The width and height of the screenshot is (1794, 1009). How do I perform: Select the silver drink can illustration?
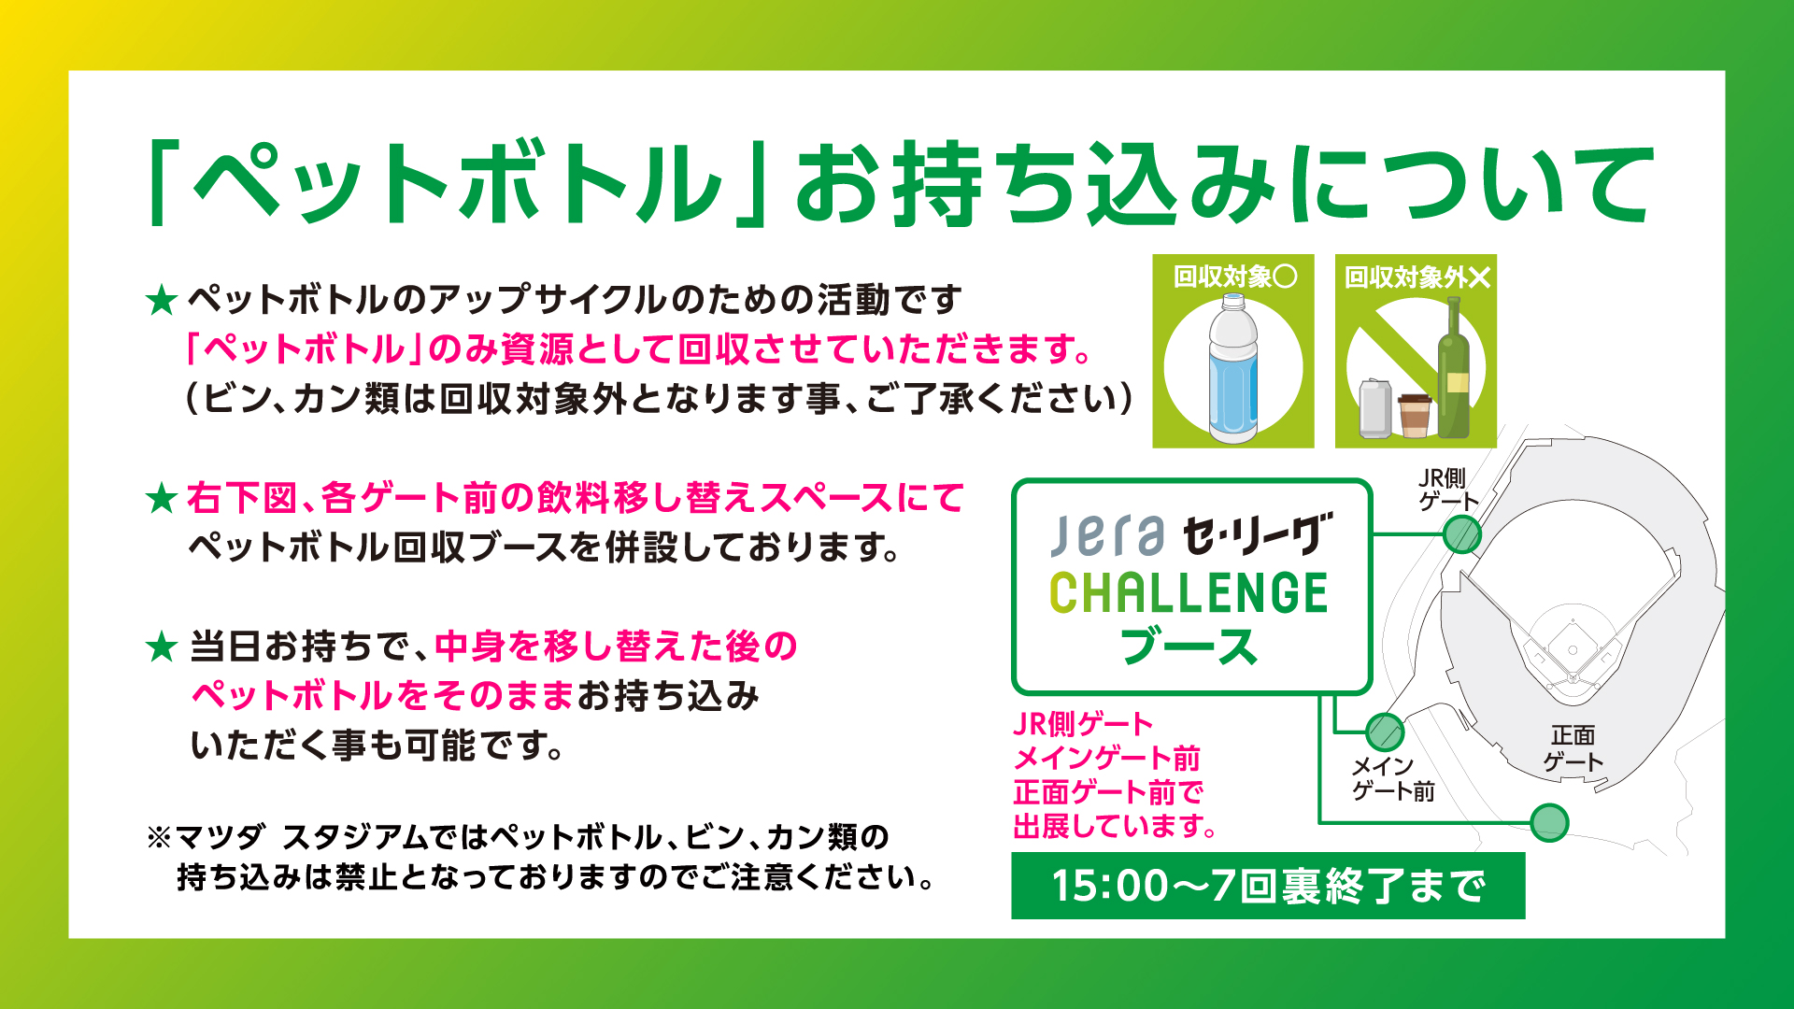tap(1374, 408)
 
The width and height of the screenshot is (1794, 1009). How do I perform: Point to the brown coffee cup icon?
tap(1415, 416)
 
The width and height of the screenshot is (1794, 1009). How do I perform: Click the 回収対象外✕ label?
tap(1417, 277)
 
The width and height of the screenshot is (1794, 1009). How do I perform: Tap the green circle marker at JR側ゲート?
tap(1462, 535)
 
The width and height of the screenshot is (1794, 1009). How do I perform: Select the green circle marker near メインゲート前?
tap(1385, 732)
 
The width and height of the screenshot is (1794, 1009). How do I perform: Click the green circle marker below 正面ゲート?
tap(1550, 822)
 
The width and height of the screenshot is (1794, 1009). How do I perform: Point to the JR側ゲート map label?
tap(1447, 490)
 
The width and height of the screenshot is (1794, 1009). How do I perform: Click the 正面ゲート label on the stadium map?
tap(1573, 748)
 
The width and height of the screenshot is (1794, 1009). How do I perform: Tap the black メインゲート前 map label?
tap(1393, 778)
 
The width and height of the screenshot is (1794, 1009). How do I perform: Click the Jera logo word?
tap(1107, 535)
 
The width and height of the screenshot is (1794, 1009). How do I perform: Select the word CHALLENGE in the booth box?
tap(1189, 592)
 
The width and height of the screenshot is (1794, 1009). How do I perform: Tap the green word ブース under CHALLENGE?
tap(1189, 647)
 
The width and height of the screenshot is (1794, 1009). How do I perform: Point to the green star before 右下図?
tap(162, 498)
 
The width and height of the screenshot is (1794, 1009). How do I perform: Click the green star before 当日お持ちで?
tap(162, 647)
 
